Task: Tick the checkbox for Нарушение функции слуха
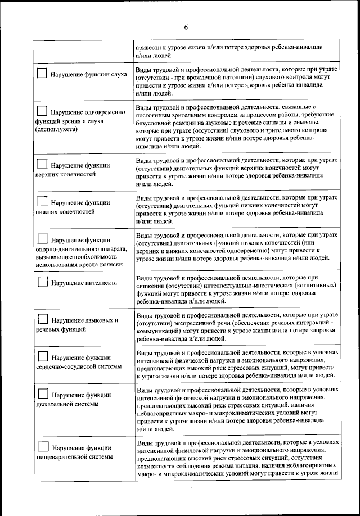tap(42, 73)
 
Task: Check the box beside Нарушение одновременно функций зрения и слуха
tap(42, 110)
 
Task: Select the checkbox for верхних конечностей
tap(42, 165)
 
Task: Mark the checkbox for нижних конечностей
tap(42, 202)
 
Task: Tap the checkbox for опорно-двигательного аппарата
tap(42, 239)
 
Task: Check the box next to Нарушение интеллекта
tap(42, 281)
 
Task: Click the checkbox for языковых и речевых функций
tap(42, 319)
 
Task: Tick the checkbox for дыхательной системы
tap(42, 393)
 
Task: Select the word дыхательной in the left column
tap(56, 404)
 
